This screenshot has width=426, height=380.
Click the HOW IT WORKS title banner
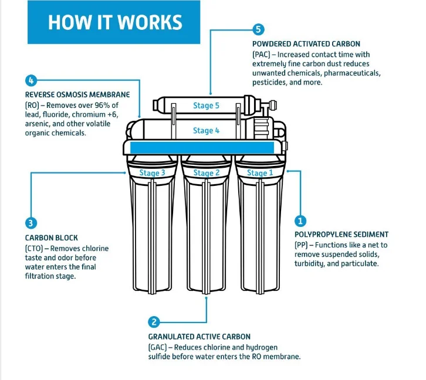[114, 22]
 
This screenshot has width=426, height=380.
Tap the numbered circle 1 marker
[300, 221]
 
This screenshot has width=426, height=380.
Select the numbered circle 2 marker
[154, 321]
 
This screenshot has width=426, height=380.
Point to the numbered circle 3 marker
[31, 223]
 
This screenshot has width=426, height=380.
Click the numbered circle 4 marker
[31, 80]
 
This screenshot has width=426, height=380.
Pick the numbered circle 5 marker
[258, 29]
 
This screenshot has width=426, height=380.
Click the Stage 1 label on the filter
[260, 173]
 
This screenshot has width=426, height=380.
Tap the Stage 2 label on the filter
[207, 173]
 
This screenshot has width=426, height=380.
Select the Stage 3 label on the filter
[152, 173]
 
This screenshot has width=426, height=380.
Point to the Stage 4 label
[207, 131]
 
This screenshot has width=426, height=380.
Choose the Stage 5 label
[207, 106]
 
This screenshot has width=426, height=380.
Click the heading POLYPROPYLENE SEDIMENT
[342, 235]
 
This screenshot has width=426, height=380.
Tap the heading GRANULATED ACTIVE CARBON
[200, 337]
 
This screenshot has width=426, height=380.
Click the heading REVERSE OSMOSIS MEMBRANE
[77, 94]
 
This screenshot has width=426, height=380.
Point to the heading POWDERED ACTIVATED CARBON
[306, 44]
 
